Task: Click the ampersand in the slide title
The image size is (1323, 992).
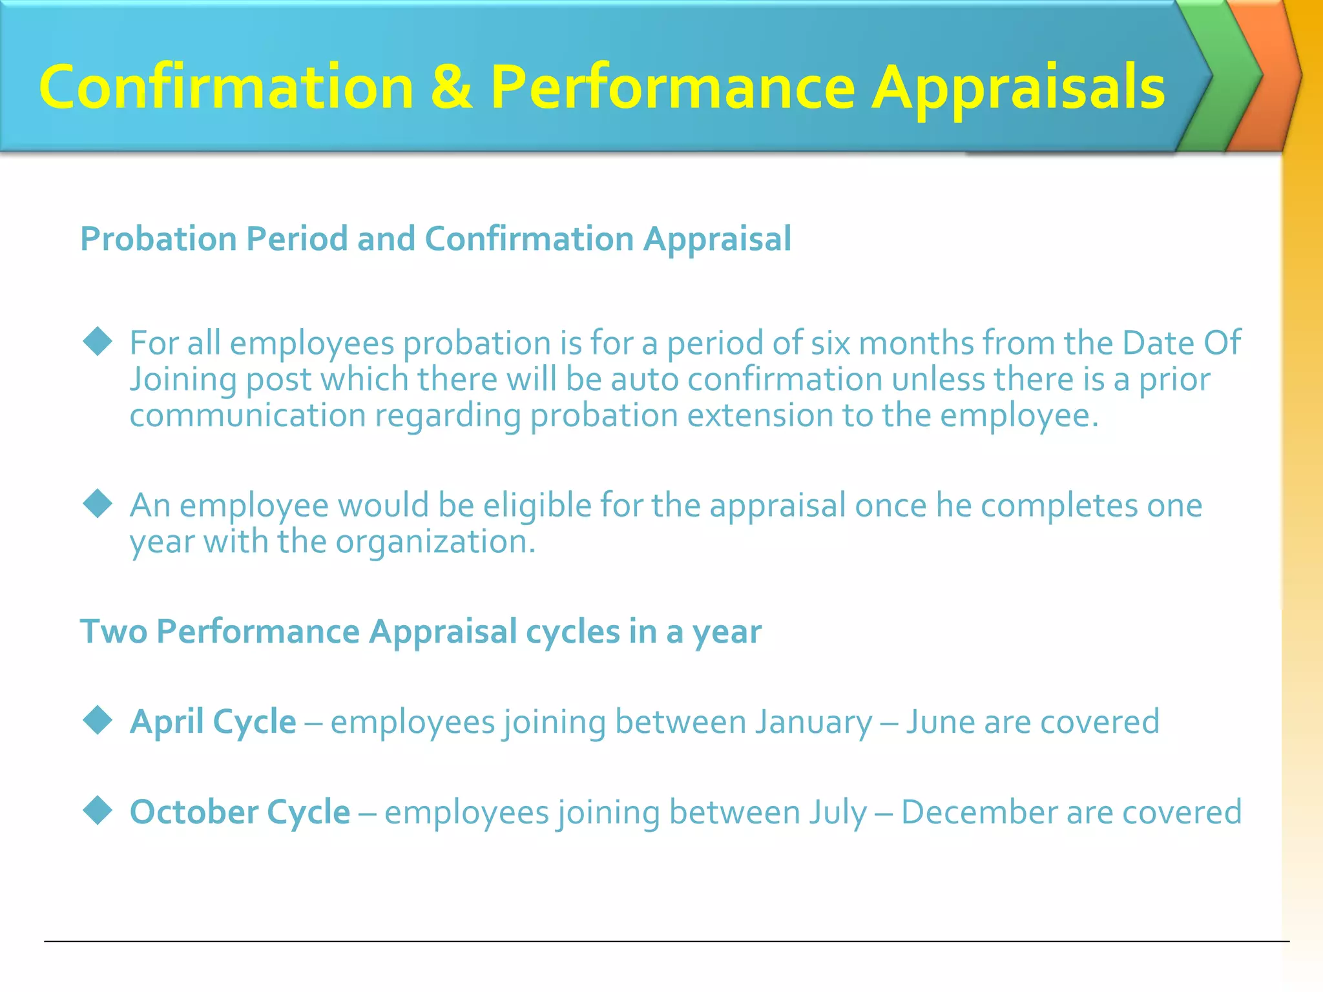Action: tap(451, 87)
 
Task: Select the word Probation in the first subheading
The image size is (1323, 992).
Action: tap(158, 240)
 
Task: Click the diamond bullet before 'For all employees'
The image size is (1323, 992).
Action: tap(98, 342)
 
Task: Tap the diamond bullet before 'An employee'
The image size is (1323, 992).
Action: tap(98, 504)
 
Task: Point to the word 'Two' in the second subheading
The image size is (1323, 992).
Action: tap(114, 631)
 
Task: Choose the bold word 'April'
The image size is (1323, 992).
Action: tap(167, 722)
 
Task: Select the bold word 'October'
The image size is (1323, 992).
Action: tap(193, 812)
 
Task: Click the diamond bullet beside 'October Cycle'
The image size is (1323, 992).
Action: tap(98, 811)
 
